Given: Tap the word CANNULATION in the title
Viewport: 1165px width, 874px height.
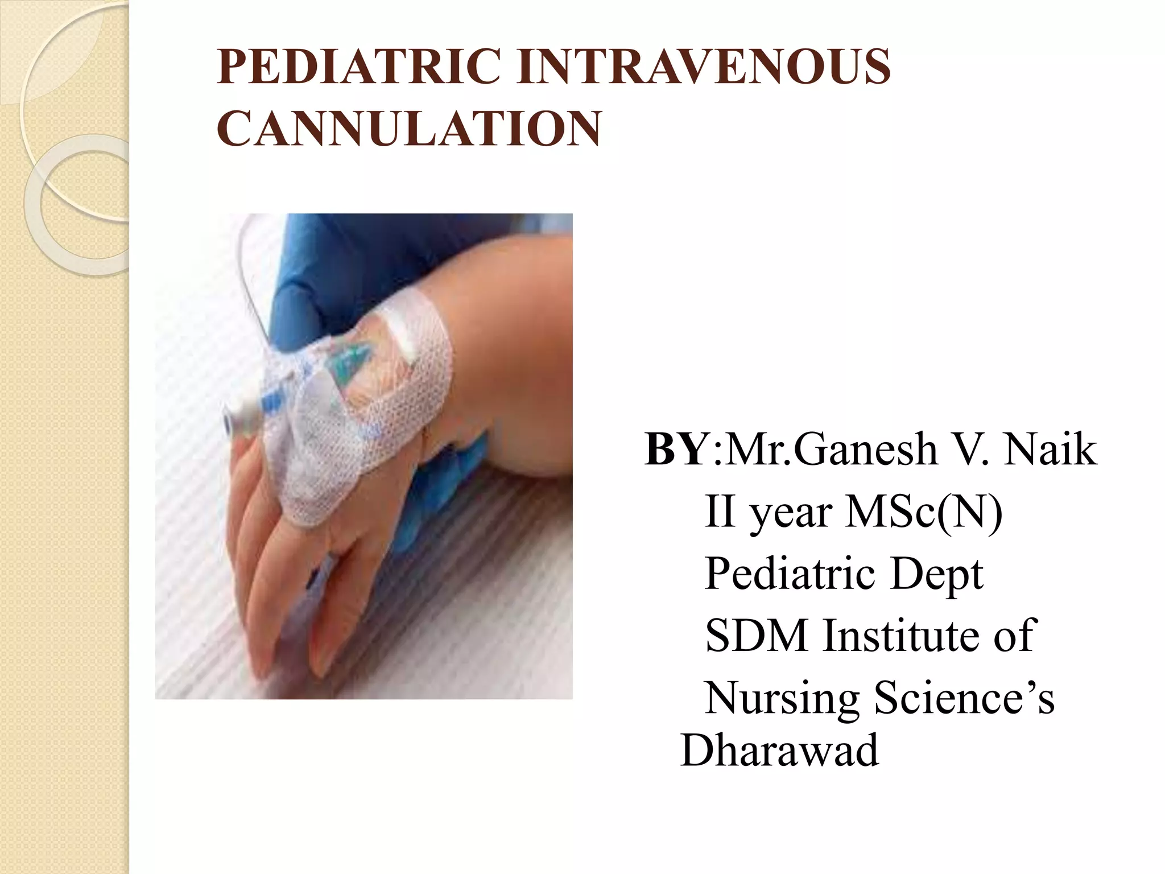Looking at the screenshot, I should pos(408,129).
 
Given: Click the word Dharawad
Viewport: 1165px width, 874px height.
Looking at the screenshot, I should pos(779,751).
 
